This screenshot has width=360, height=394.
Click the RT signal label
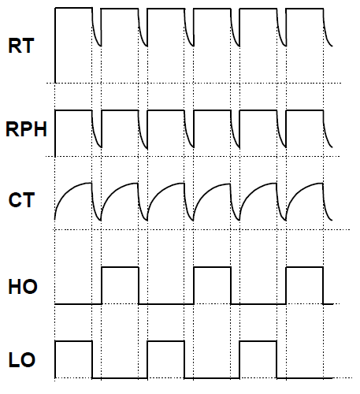[x=21, y=46]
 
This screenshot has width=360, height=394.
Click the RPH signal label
[x=26, y=129]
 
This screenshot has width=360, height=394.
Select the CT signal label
[x=21, y=200]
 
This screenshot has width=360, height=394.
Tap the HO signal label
[x=23, y=286]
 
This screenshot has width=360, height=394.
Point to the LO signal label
[x=22, y=360]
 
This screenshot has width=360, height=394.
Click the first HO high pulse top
[x=121, y=267]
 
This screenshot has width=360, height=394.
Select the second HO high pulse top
[x=213, y=267]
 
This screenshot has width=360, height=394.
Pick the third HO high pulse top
[x=305, y=267]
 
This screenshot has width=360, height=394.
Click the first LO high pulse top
[x=74, y=341]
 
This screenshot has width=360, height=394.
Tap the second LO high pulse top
[x=166, y=341]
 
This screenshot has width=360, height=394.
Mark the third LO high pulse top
[x=258, y=341]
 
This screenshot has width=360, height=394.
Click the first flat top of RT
[x=74, y=8]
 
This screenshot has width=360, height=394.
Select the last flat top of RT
[x=305, y=9]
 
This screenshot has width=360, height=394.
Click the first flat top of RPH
[x=74, y=110]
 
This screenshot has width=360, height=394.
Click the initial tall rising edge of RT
[x=55, y=46]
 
